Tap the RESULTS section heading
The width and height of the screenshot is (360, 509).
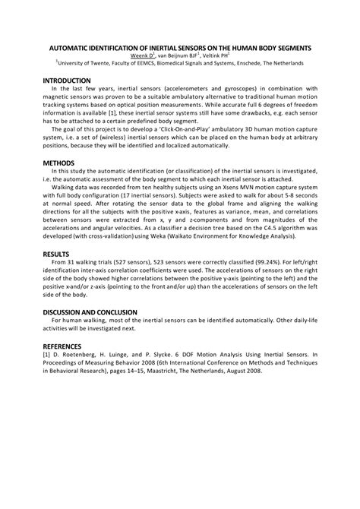pos(56,254)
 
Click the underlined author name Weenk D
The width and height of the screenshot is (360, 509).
pos(141,55)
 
